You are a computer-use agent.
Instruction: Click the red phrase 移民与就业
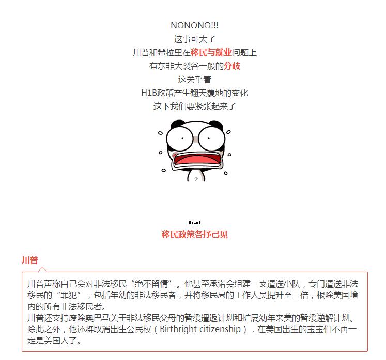coord(211,52)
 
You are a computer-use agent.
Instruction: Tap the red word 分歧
coord(232,66)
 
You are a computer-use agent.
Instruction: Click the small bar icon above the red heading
coord(195,223)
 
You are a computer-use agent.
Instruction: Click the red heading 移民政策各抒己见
coord(195,234)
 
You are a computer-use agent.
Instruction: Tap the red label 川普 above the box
coord(30,260)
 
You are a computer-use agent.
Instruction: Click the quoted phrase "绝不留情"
coord(158,284)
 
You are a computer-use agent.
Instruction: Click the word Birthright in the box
coord(186,329)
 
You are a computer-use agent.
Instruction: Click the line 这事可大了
coord(195,39)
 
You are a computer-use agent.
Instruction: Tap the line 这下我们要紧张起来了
coord(195,107)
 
